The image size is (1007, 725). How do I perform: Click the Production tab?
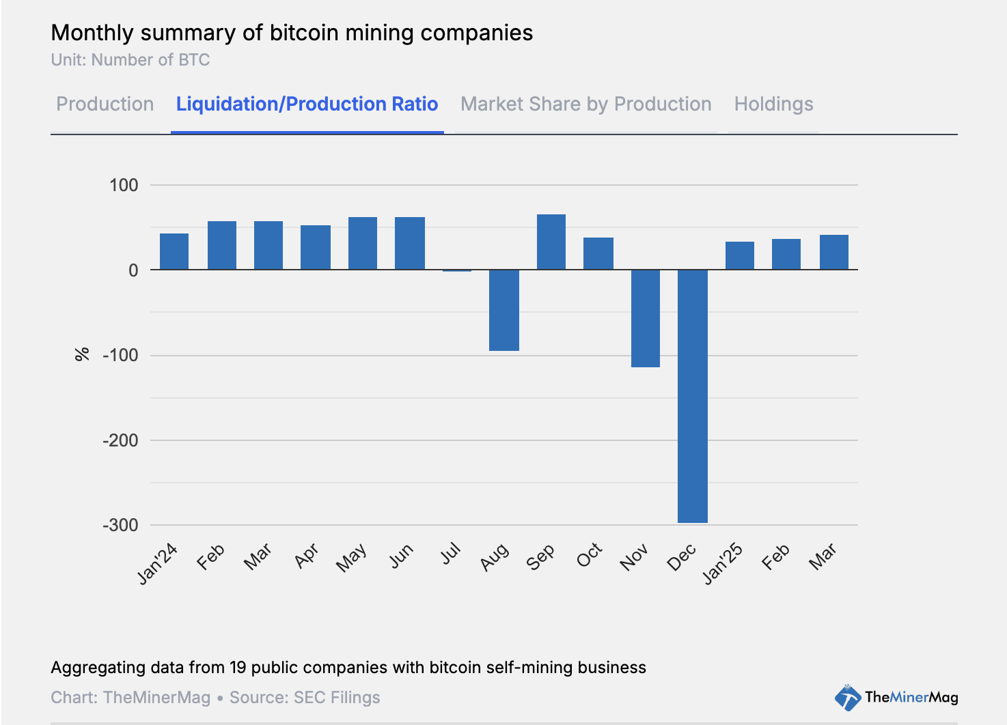coord(105,104)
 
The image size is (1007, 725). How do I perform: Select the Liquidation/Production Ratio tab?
coord(307,104)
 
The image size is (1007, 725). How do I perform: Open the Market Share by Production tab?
coord(585,104)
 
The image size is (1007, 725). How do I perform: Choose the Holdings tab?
coord(773,104)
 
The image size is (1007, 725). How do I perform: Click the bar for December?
coord(692,396)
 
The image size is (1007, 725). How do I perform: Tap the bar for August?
coord(504,311)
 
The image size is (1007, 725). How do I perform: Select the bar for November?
coord(645,319)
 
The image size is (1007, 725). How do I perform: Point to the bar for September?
coord(551,242)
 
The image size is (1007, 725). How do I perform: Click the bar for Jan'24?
coord(174,252)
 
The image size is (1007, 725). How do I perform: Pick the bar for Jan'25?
coord(739,256)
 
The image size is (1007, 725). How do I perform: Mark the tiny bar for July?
coord(457,271)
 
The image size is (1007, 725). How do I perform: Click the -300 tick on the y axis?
coord(120,526)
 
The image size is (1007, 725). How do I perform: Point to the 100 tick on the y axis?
coord(124,185)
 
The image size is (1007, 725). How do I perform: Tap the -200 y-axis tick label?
coord(120,440)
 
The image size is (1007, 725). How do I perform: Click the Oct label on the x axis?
coord(589,556)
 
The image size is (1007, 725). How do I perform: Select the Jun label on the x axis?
coord(401,556)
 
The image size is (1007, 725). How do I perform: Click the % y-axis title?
coord(82,354)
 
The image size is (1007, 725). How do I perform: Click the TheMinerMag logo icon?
coord(848,698)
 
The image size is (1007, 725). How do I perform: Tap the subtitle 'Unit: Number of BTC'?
coord(130,60)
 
